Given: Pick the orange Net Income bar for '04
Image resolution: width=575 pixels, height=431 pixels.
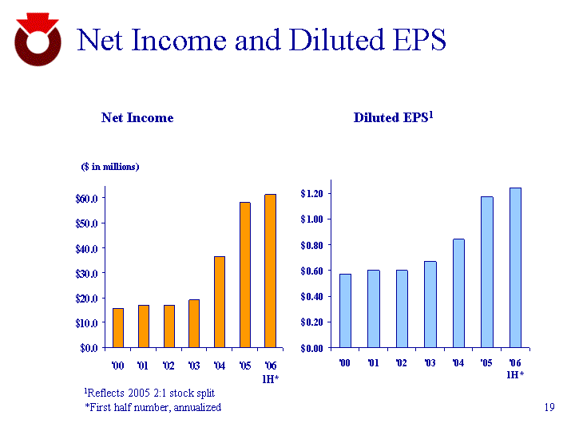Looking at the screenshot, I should (220, 302).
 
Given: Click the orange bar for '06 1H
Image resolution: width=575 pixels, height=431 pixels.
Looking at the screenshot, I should (270, 271).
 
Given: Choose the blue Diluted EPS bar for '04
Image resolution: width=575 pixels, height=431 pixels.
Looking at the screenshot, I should (458, 293).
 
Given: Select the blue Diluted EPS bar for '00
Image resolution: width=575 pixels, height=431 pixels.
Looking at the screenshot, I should (345, 310).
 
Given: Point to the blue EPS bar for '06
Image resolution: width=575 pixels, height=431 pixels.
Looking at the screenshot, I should (515, 267).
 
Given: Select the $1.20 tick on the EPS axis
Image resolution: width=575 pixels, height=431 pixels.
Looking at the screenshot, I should (311, 193).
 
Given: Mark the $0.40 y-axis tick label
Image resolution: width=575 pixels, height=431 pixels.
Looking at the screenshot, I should (311, 296).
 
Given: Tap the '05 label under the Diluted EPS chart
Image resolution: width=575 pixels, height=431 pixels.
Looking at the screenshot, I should (486, 363).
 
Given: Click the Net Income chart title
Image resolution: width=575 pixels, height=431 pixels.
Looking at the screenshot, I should (137, 117).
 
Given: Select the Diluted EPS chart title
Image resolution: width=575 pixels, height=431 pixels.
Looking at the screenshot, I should (393, 117).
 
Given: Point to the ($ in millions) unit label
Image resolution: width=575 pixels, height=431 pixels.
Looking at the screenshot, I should (110, 166).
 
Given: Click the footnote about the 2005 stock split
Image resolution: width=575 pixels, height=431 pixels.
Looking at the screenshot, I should (149, 393).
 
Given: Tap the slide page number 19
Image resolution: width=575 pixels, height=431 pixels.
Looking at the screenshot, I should (548, 408).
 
